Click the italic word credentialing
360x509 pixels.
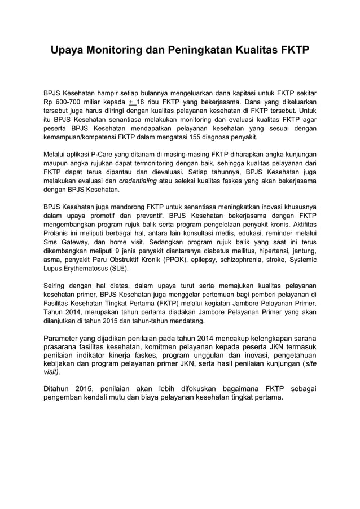(139, 181)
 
